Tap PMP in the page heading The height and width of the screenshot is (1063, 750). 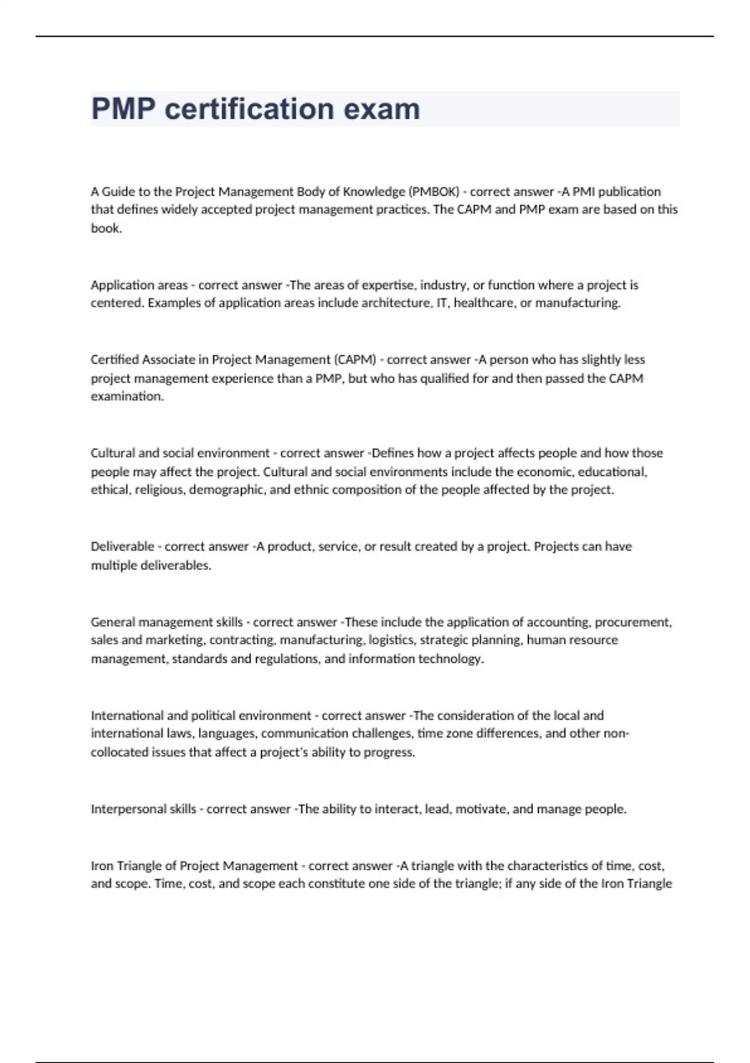[123, 109]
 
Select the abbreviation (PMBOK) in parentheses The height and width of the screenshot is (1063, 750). [434, 191]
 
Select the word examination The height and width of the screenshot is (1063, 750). [127, 396]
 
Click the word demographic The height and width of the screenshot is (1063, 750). [227, 490]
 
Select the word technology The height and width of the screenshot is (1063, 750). [451, 658]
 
